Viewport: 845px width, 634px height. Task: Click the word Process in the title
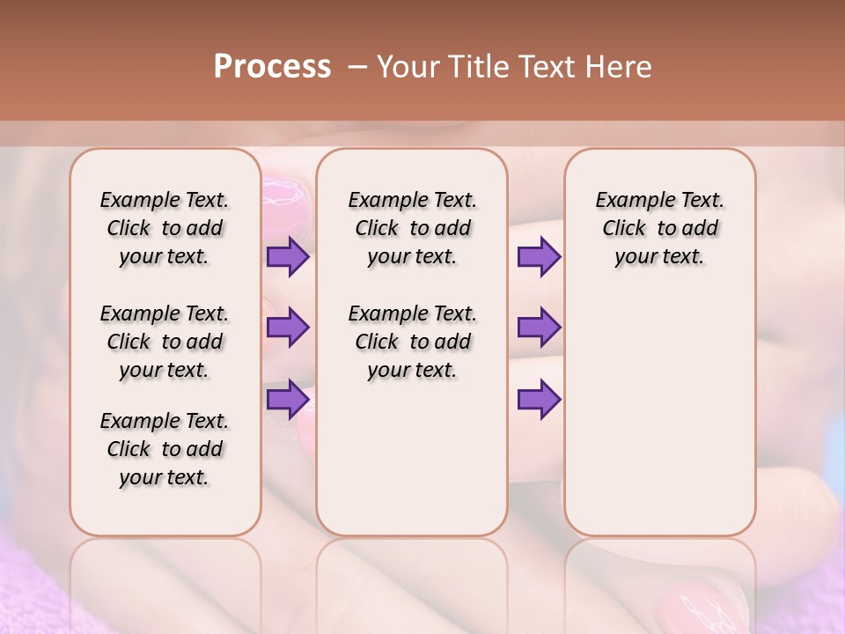tap(272, 67)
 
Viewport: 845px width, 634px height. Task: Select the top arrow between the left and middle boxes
tap(288, 256)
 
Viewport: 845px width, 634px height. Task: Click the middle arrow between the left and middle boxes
tap(288, 328)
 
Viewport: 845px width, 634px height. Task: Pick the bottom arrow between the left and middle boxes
tap(288, 399)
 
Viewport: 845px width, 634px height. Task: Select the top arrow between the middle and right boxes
tap(539, 256)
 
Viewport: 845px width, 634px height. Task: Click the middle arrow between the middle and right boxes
tap(539, 328)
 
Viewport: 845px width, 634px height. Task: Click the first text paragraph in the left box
tap(165, 228)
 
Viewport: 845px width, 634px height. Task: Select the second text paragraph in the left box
tap(165, 342)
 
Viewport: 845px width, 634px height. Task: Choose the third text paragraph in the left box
tap(165, 449)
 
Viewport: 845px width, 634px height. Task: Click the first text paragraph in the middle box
tap(412, 228)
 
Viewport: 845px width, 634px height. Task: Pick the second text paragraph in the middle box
tap(412, 342)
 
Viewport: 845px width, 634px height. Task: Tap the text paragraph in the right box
tap(659, 228)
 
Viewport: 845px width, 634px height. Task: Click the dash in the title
tap(357, 67)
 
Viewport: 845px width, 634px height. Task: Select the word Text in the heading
tap(546, 67)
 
